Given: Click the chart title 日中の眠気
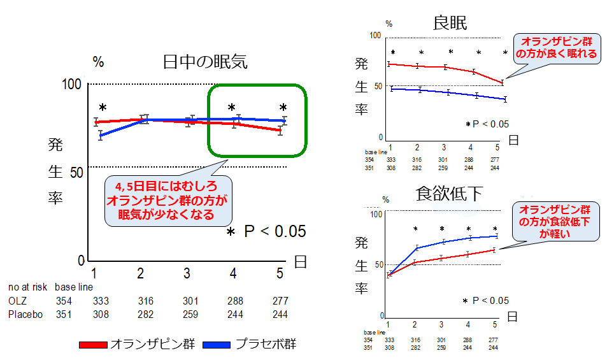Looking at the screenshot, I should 204,62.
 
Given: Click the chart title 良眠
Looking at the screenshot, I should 450,23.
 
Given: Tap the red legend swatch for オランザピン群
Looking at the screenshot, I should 94,345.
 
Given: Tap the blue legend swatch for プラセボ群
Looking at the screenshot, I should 217,345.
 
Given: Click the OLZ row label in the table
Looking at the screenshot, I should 18,301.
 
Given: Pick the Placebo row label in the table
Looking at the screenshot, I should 25,314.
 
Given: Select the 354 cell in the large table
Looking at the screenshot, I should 64,301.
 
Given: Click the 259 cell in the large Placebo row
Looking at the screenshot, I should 186,314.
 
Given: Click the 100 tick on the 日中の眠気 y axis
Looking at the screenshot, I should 75,84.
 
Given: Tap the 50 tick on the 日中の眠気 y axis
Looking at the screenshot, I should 77,173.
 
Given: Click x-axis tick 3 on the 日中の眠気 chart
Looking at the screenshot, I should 187,273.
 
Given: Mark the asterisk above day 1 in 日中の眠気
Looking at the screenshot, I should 103,108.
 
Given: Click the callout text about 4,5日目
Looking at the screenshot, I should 167,199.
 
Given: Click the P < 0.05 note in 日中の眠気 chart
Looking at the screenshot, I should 268,231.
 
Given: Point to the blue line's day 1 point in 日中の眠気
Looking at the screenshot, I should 100,135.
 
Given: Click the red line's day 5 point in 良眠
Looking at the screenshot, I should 502,82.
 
